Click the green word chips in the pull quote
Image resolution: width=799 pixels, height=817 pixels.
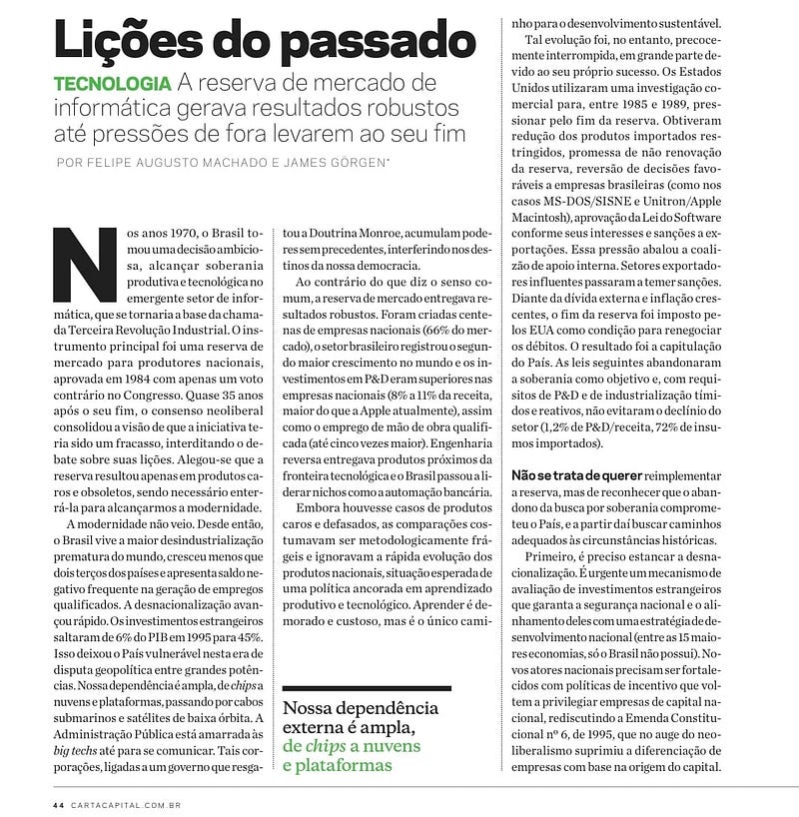[313, 747]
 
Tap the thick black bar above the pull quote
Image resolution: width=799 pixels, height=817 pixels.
[367, 689]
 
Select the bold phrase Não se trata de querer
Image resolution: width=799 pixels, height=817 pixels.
[576, 475]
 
